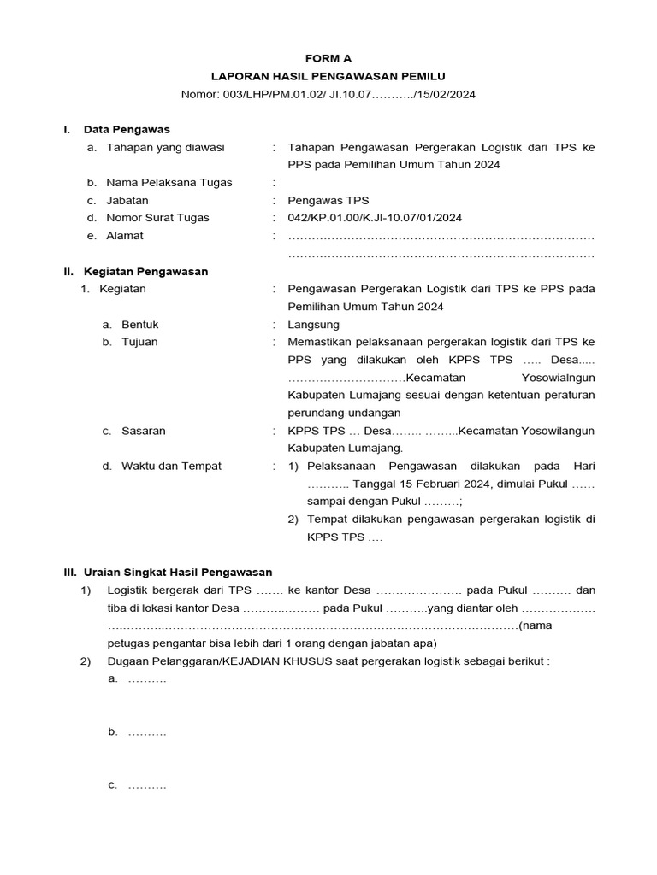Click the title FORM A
pos(328,59)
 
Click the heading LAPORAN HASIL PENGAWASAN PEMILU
pos(328,77)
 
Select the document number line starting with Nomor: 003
pos(328,95)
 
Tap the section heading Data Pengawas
pos(127,130)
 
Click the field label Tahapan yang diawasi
pos(165,148)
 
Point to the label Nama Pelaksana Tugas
pos(169,183)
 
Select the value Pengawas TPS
pos(328,201)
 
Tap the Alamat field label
pos(125,236)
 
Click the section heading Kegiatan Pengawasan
pos(145,272)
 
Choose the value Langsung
pos(314,325)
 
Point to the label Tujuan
pos(139,343)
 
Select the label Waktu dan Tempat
pos(171,467)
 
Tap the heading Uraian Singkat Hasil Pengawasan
pos(177,573)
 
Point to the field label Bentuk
pos(140,325)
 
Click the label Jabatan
pos(127,201)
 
